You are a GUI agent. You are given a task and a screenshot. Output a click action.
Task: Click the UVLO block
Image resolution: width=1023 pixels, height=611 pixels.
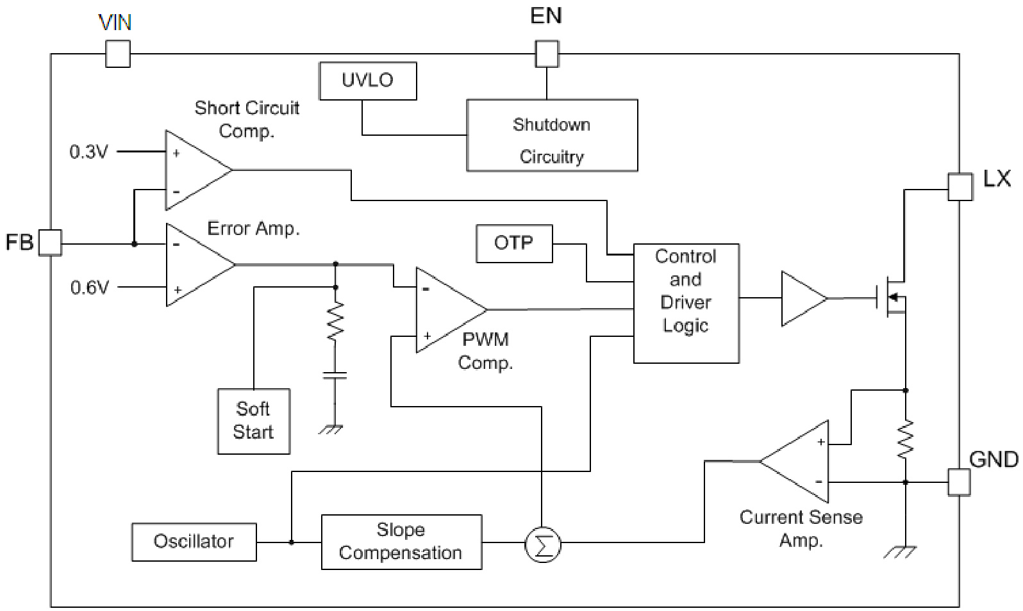coord(368,81)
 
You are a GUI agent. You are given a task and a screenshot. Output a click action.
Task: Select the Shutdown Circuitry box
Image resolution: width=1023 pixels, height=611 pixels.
coord(552,135)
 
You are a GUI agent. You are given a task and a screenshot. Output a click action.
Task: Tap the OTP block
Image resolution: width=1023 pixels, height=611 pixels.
coord(514,243)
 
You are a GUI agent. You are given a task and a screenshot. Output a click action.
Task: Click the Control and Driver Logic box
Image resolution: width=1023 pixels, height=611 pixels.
coord(686,304)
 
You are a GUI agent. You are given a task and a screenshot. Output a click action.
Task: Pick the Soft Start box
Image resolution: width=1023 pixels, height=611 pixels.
coord(254,421)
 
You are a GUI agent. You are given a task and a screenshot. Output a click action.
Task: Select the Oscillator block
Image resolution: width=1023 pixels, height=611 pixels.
coord(194,542)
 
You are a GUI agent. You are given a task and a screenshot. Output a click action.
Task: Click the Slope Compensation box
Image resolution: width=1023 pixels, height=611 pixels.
coord(401,542)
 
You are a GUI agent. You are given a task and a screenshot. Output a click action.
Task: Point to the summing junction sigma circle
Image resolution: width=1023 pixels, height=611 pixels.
coord(542,545)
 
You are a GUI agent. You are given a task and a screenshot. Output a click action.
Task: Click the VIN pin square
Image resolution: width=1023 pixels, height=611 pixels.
coord(118,54)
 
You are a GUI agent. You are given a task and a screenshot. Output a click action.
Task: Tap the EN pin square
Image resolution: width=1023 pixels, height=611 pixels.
coord(547,54)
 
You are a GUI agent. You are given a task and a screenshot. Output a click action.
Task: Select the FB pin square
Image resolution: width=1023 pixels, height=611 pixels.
coord(50,243)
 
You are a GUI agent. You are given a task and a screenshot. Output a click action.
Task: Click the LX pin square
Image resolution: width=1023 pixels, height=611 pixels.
coord(960,187)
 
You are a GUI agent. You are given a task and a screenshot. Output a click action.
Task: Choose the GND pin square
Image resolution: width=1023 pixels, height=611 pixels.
coord(959,482)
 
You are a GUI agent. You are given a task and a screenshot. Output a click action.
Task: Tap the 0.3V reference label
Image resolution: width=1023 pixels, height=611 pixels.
coord(89,152)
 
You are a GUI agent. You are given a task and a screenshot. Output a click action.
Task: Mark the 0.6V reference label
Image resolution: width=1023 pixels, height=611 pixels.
coord(90,288)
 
